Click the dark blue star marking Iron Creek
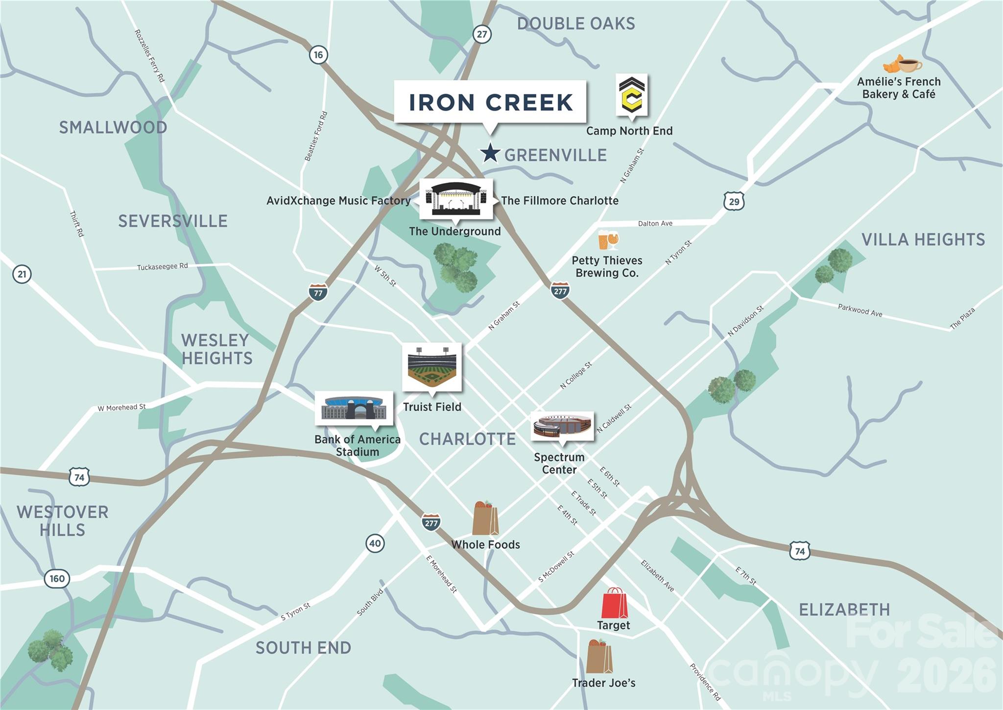(489, 153)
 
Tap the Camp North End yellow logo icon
(631, 95)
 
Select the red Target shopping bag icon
(614, 603)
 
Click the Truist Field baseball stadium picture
(431, 367)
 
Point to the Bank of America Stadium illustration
(354, 408)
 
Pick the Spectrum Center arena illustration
(562, 425)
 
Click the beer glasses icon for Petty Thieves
(608, 240)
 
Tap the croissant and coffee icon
(902, 65)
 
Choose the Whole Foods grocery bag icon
(485, 519)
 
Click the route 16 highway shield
(318, 55)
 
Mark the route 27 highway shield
(482, 34)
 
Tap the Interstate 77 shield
(318, 292)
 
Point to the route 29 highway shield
(734, 201)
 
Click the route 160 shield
(57, 578)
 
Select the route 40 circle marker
(375, 543)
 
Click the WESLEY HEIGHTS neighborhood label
(216, 349)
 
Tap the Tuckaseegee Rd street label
(162, 266)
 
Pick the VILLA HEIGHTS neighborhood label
(923, 239)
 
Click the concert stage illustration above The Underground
(456, 199)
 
